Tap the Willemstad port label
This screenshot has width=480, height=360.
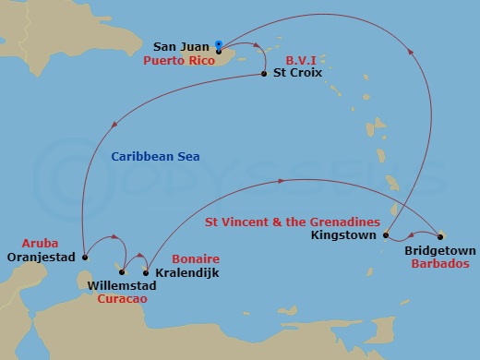point(126,286)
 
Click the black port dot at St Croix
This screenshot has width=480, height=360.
point(265,74)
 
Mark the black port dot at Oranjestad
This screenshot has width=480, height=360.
point(84,258)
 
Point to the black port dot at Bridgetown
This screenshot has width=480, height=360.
point(440,235)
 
